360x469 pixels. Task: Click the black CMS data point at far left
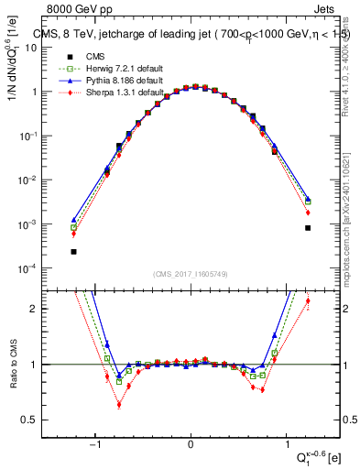point(73,251)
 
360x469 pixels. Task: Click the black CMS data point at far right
point(308,228)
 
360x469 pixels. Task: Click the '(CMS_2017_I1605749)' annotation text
point(191,275)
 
